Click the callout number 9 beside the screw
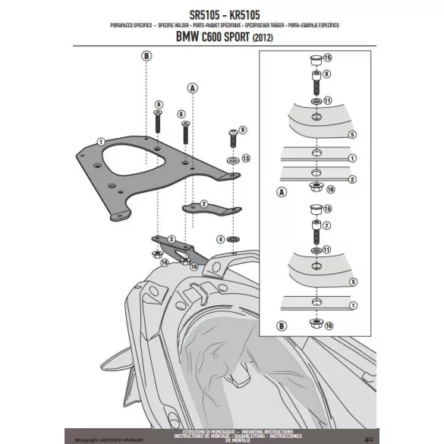tap(243, 131)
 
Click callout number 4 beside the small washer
tap(220, 239)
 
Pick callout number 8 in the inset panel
tap(327, 74)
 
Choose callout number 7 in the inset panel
tap(327, 225)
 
